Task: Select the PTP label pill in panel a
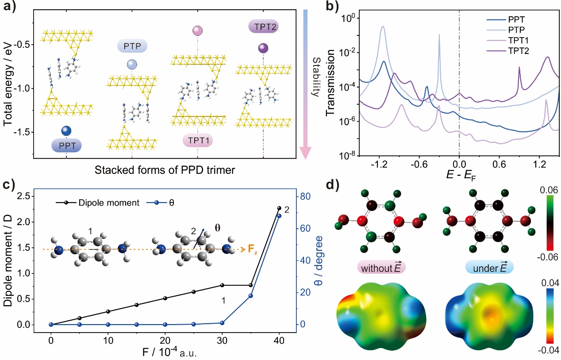[132, 46]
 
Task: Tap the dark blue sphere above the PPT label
[66, 130]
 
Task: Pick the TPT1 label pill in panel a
[197, 141]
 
